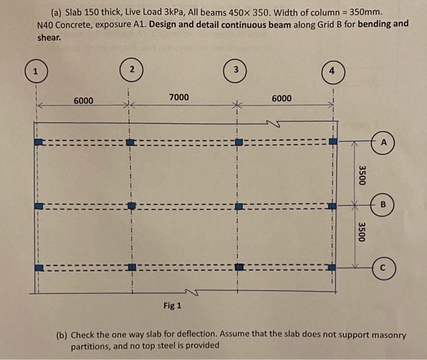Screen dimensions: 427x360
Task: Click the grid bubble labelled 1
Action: [36, 71]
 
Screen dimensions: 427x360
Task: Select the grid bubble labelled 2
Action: [132, 69]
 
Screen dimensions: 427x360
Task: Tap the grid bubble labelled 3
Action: [235, 69]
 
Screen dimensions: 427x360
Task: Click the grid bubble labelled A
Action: [384, 142]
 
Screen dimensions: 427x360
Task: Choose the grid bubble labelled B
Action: [384, 204]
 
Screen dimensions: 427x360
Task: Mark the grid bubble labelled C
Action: [384, 267]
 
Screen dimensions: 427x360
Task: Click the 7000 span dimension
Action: [179, 97]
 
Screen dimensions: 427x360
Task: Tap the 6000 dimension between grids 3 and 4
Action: [282, 98]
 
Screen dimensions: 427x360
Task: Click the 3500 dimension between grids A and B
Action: [362, 174]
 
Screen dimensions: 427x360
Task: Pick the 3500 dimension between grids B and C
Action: [362, 232]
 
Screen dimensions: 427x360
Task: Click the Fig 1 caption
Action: [173, 305]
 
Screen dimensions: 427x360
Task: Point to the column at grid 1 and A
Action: [38, 142]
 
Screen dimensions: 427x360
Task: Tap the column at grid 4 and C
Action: [332, 267]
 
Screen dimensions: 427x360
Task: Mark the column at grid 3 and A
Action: [239, 142]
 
